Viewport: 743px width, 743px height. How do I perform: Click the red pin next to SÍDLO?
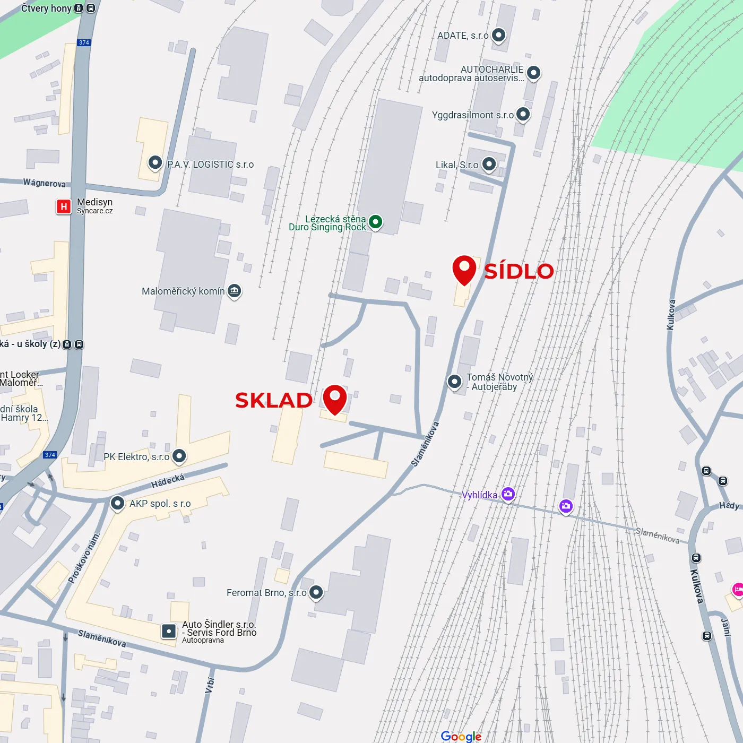(x=464, y=269)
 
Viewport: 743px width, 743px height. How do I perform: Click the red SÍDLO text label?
(x=519, y=271)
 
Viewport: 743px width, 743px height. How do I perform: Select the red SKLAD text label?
(x=274, y=400)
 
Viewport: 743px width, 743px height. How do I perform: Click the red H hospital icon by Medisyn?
(x=64, y=206)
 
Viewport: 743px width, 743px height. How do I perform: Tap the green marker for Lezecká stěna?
(x=376, y=221)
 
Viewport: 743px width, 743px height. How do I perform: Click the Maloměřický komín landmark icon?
(x=235, y=291)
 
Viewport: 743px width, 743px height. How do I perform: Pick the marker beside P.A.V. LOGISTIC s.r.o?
(x=155, y=162)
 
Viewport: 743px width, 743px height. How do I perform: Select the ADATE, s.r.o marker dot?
(x=498, y=35)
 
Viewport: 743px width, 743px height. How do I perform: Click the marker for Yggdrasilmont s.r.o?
(x=523, y=114)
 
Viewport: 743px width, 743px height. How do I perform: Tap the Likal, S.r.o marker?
(x=489, y=164)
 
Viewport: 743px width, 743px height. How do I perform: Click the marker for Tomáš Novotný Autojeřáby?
(x=454, y=382)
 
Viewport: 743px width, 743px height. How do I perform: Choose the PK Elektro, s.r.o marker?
(x=179, y=455)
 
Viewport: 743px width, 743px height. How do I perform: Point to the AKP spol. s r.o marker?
(x=117, y=503)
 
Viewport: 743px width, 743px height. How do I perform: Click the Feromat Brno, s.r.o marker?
(x=316, y=592)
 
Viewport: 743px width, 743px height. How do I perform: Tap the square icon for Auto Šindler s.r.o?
(x=169, y=631)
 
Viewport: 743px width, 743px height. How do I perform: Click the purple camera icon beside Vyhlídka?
(x=508, y=494)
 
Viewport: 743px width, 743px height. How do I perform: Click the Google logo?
(x=461, y=736)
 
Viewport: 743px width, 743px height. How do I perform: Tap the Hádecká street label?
(x=168, y=481)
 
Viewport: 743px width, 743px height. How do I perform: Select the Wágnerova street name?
(x=45, y=183)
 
